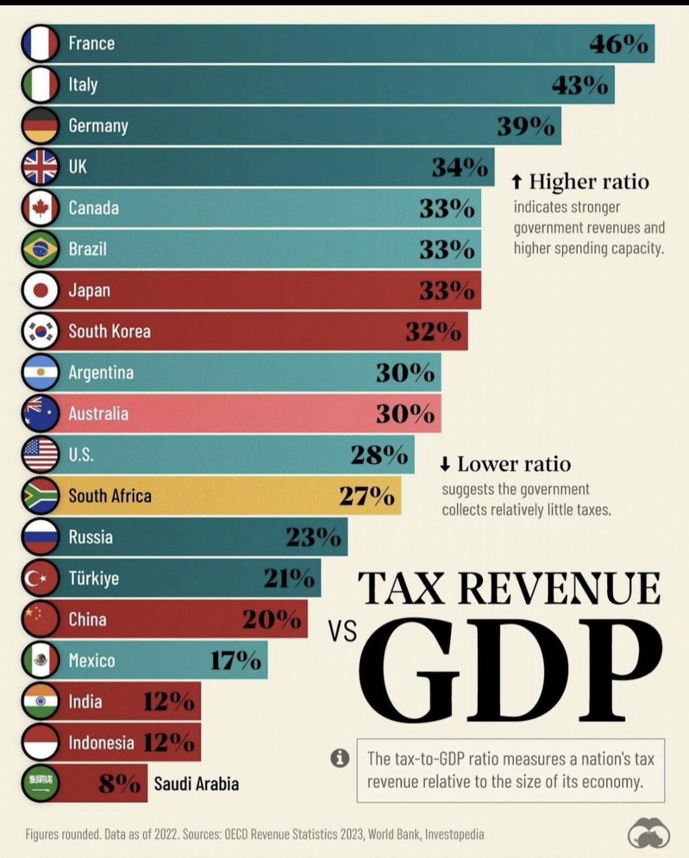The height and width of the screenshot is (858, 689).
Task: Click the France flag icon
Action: tap(40, 43)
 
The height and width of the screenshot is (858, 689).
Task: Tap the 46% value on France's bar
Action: tap(618, 44)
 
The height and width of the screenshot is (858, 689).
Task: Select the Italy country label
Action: tap(83, 84)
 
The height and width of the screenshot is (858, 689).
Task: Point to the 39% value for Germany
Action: tap(525, 126)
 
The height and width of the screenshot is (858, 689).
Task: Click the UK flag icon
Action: tap(40, 167)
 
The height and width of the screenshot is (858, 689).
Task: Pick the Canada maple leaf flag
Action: tap(40, 208)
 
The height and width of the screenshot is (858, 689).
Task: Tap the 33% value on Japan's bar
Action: tap(446, 290)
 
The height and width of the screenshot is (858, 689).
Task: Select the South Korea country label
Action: tap(110, 332)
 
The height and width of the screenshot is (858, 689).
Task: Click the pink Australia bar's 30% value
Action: tap(405, 414)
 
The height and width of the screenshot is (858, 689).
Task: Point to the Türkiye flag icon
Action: tap(40, 578)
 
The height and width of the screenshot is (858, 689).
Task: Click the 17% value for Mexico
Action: tap(236, 661)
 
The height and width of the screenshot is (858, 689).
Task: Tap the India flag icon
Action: tap(40, 701)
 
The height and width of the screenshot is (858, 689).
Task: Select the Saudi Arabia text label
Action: tap(196, 784)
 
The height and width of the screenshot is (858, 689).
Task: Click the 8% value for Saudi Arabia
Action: tap(119, 784)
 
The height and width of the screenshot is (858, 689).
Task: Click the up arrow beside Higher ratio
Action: tap(516, 182)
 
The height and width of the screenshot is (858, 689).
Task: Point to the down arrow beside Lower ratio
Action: tap(445, 465)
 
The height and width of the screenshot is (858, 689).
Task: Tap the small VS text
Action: tap(342, 632)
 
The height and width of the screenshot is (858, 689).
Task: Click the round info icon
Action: tap(340, 758)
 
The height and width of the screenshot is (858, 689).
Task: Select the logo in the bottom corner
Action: tap(648, 832)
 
